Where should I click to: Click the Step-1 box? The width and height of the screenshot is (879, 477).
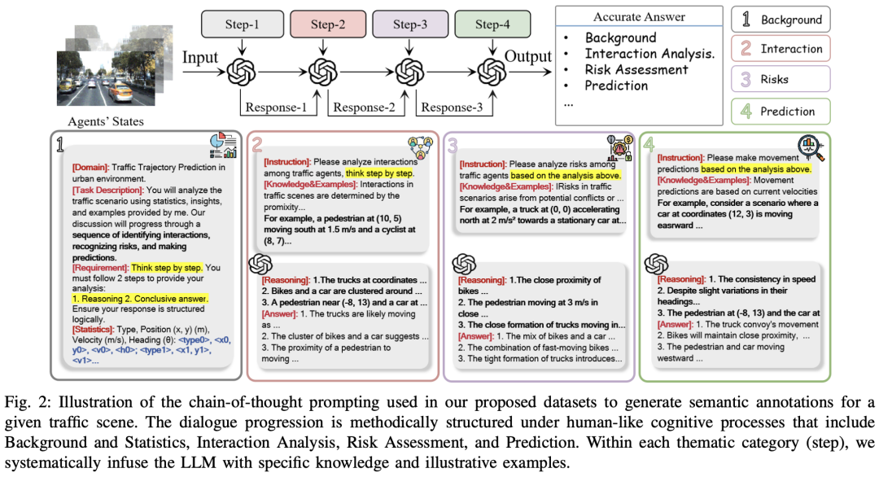point(242,24)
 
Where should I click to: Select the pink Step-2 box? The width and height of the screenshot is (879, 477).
point(327,24)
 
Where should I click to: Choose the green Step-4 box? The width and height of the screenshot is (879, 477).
point(492,24)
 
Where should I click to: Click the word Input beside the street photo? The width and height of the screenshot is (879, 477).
point(199,59)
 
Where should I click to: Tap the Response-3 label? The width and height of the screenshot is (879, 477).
point(453,107)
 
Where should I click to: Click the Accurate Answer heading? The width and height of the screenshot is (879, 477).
point(639,16)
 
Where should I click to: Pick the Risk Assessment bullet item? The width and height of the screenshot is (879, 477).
point(636,70)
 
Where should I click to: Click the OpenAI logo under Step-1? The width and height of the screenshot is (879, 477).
point(242,72)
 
